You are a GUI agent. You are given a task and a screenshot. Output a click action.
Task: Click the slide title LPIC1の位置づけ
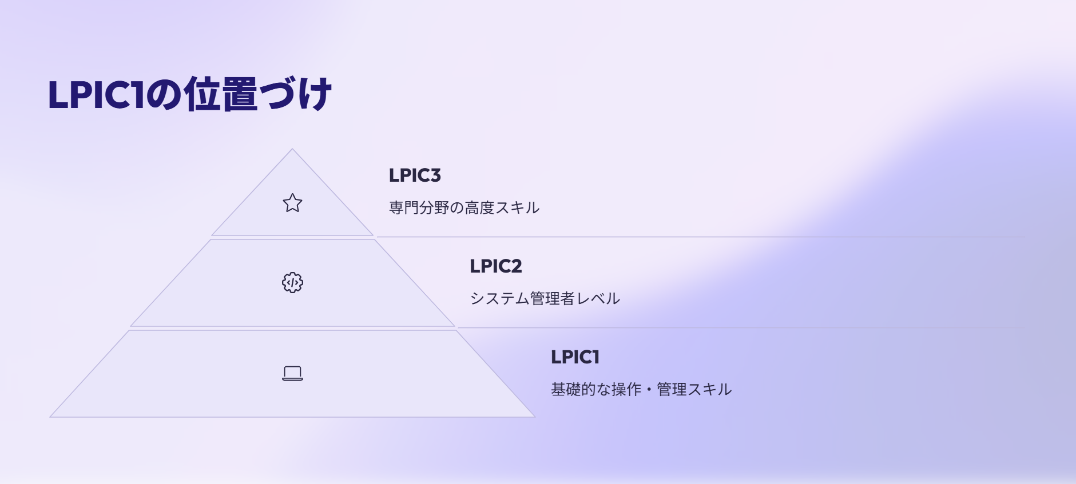coord(189,94)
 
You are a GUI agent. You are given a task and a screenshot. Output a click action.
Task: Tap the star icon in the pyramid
coord(292,203)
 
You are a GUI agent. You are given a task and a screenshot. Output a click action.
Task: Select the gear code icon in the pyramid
coord(292,282)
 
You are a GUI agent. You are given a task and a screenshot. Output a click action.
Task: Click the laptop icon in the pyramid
coord(292,373)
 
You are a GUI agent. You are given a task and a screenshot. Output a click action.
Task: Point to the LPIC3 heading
coord(415,175)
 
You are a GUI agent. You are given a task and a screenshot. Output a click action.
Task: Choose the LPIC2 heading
coord(495,266)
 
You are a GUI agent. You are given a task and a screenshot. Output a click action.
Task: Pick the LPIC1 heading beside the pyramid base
coord(575,357)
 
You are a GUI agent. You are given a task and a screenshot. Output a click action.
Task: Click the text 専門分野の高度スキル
coord(464,207)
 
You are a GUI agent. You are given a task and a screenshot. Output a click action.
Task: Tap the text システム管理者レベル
coord(545,298)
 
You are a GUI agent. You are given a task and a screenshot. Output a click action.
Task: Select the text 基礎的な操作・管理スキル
coord(641,389)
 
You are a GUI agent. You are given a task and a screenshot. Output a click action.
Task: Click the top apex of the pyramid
coord(292,150)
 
